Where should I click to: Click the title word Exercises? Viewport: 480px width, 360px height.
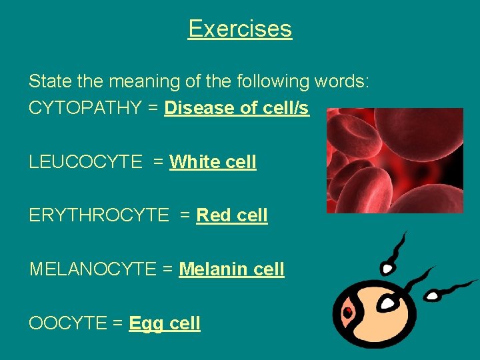[240, 29]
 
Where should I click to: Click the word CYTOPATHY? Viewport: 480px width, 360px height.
[85, 108]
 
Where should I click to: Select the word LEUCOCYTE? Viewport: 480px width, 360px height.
[85, 162]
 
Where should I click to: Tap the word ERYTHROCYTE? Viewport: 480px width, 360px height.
[99, 215]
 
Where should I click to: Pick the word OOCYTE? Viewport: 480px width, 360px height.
[67, 323]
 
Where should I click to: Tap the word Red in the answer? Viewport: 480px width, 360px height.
[213, 215]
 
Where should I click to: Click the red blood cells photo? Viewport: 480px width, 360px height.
[395, 161]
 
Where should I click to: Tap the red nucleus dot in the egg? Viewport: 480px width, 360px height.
[348, 311]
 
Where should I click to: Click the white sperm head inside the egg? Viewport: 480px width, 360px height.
[387, 303]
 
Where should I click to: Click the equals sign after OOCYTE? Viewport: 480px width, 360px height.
[117, 323]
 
